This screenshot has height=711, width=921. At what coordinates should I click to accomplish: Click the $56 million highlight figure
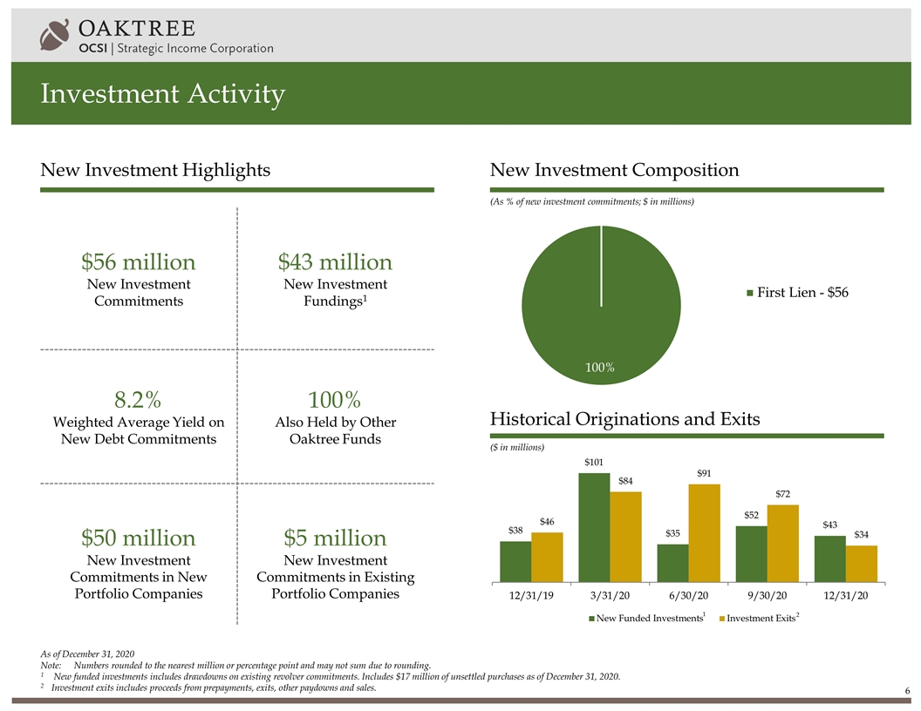pos(138,262)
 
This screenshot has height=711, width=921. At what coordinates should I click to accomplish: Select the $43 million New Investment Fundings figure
pos(335,262)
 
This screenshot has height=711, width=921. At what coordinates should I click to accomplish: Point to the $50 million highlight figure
pos(138,537)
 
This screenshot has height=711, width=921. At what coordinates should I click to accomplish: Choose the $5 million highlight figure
pos(335,537)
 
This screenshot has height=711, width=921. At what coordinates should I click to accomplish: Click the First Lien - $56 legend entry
pos(797,293)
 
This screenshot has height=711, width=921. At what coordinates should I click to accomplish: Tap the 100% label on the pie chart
pos(600,368)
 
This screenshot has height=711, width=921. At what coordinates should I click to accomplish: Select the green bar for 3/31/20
pos(594,526)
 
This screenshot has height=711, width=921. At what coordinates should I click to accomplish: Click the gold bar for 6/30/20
pos(704,532)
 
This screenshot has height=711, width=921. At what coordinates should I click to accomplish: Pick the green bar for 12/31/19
pos(515,560)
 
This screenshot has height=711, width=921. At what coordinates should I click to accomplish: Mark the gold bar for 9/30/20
pos(782,542)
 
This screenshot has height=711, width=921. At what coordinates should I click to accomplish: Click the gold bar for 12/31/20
pos(861,563)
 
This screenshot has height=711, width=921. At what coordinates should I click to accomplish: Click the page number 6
pos(907,691)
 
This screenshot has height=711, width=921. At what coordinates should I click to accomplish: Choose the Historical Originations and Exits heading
pos(625,419)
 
